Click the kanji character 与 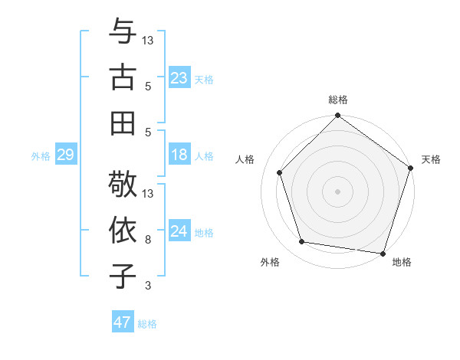tap(123, 33)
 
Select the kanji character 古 tap(123, 77)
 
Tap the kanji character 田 tap(123, 122)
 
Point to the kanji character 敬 tap(123, 185)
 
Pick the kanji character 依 tap(123, 230)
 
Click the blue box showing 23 tap(179, 77)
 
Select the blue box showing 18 tap(179, 155)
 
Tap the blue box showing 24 tap(179, 231)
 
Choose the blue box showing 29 tap(65, 155)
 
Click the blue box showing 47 tap(123, 322)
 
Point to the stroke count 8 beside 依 tap(148, 240)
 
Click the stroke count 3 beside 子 tap(148, 286)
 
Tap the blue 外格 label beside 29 tap(41, 156)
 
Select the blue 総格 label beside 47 tap(147, 324)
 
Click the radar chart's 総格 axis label tap(338, 100)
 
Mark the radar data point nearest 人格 tap(280, 172)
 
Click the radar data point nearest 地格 tap(383, 253)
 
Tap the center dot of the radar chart tap(338, 191)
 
